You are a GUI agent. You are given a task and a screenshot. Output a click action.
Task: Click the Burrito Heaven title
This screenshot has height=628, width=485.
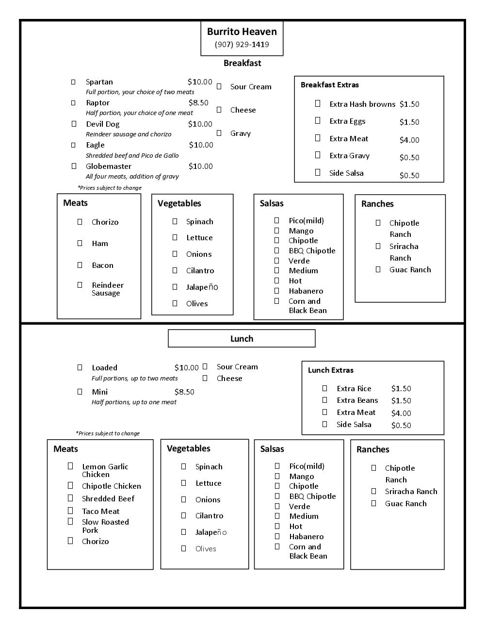click(242, 32)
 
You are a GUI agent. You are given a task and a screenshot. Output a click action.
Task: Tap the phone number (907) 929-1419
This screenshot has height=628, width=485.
click(242, 45)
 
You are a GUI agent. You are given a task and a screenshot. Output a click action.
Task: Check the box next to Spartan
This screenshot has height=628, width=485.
click(73, 82)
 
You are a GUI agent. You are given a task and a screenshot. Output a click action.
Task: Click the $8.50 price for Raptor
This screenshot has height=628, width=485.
click(198, 103)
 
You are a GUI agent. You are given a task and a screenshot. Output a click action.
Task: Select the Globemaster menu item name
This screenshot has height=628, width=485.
click(109, 166)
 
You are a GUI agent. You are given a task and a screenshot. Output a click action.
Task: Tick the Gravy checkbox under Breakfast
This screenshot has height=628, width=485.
click(219, 133)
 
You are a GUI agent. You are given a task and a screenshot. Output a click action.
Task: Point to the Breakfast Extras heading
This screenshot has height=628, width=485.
click(330, 85)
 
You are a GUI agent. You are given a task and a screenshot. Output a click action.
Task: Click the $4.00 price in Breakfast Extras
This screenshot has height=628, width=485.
click(409, 140)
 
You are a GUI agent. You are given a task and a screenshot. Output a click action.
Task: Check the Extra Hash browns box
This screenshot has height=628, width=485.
click(318, 103)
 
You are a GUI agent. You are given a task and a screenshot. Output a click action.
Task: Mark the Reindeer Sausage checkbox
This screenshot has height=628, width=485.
click(80, 285)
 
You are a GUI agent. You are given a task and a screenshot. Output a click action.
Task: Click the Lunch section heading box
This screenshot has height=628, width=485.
click(242, 339)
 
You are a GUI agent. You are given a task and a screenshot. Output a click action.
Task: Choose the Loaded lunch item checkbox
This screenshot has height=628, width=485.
click(80, 367)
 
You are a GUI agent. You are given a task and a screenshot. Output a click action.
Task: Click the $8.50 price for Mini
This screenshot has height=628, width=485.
click(184, 392)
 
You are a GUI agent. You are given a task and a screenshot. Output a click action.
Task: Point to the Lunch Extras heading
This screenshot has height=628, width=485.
click(331, 370)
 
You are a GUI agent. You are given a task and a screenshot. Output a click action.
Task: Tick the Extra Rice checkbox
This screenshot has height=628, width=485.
click(325, 388)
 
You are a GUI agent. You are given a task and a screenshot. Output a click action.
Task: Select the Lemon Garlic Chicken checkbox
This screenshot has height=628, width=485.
click(70, 466)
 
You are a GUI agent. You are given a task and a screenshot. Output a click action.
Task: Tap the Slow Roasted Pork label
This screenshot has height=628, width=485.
click(105, 526)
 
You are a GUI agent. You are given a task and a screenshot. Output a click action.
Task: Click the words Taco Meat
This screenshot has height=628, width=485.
click(100, 512)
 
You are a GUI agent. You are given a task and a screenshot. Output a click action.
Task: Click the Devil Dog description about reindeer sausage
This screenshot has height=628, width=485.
click(129, 134)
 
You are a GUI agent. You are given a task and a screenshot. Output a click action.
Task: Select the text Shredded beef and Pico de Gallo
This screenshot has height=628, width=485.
click(132, 156)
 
